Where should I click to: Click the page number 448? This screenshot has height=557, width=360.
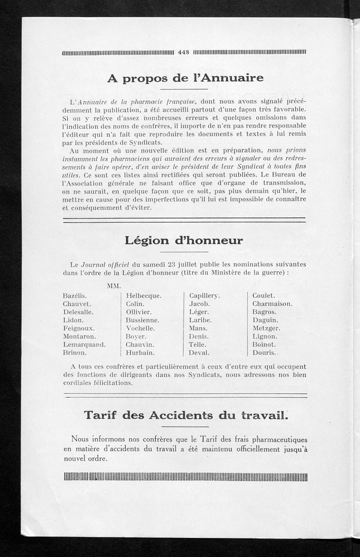(x=184, y=52)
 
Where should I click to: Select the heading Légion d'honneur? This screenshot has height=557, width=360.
(x=184, y=241)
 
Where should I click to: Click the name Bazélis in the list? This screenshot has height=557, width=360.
(x=75, y=296)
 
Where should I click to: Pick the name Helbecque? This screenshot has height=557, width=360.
(x=144, y=296)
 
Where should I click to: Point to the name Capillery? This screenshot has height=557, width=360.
(x=204, y=296)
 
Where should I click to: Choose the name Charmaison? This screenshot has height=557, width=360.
(x=272, y=304)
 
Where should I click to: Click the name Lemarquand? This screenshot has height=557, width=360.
(x=85, y=344)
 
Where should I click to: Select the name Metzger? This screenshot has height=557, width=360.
(x=266, y=328)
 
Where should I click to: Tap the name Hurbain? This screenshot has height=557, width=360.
(x=140, y=352)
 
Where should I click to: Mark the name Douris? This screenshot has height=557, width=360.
(x=264, y=352)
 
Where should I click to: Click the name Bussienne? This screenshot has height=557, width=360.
(x=143, y=320)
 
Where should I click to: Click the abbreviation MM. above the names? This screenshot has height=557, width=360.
(x=113, y=286)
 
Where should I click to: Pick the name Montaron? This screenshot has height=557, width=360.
(x=80, y=336)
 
